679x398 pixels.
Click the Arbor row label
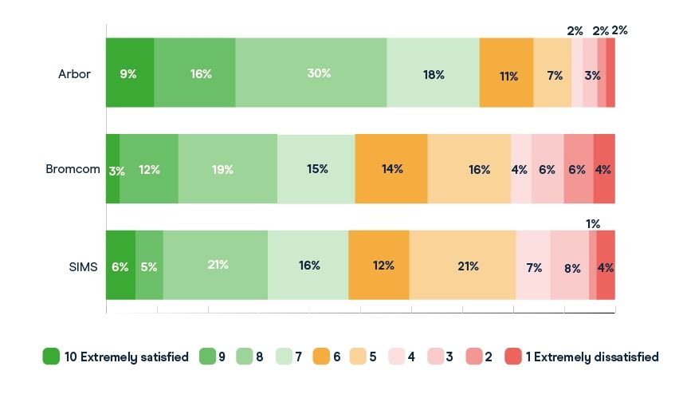click(74, 74)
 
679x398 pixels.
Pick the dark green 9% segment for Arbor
click(129, 73)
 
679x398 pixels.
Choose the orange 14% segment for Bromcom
click(391, 169)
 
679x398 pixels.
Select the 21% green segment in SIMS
click(215, 266)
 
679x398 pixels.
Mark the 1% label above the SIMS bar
click(593, 224)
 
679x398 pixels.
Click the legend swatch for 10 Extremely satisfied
click(51, 357)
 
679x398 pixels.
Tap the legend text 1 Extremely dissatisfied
click(592, 357)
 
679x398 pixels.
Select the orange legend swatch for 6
click(322, 357)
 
